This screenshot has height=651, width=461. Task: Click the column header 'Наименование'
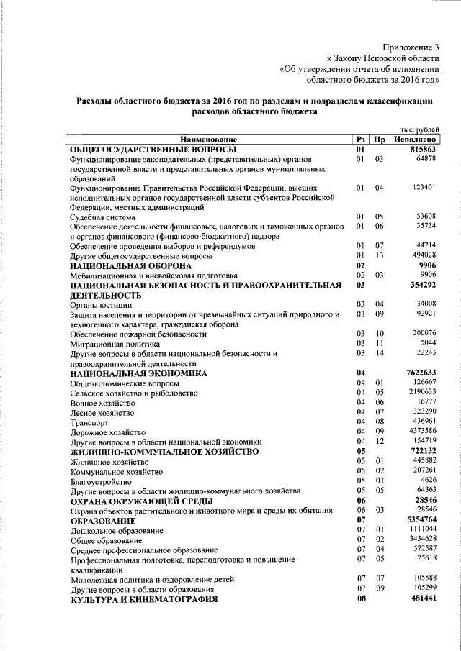click(208, 139)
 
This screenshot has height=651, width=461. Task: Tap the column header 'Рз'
click(361, 139)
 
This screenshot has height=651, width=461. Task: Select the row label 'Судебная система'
click(102, 217)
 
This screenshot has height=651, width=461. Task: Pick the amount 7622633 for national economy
click(418, 373)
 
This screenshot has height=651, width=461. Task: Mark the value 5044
click(427, 344)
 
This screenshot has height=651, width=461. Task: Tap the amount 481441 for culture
click(421, 598)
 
